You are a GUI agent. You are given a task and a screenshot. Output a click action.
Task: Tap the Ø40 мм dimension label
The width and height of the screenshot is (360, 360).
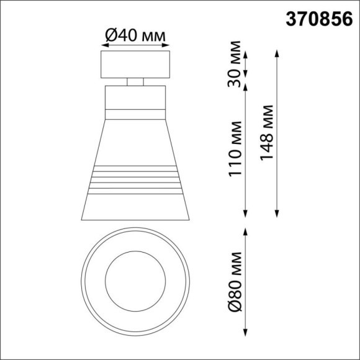click(x=135, y=37)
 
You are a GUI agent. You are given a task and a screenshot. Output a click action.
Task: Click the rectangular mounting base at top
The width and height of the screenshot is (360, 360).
click(x=135, y=65)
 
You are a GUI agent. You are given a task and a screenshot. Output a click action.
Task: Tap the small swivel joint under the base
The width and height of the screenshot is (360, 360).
click(x=135, y=81)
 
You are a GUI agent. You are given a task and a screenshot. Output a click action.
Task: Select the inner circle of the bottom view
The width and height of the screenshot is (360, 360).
click(x=135, y=275)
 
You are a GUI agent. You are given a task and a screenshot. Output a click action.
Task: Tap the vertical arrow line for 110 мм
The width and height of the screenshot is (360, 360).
click(x=246, y=149)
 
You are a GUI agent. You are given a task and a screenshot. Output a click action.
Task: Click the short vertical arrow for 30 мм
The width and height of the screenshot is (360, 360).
click(x=246, y=65)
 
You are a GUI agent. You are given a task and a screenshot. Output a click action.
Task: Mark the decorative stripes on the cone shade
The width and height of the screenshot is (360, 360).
click(x=135, y=179)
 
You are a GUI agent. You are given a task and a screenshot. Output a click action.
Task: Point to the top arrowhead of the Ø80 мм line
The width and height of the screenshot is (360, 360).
click(x=246, y=230)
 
